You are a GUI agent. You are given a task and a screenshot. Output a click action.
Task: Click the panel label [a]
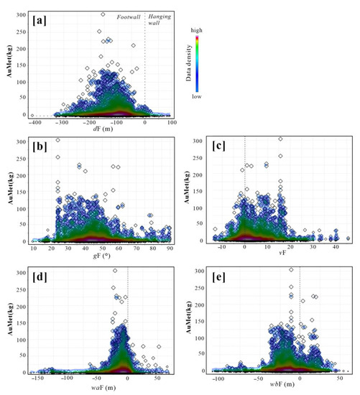40,17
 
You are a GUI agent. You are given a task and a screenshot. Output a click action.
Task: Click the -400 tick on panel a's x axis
31,124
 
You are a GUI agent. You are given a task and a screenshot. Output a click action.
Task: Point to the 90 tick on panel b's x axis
169,248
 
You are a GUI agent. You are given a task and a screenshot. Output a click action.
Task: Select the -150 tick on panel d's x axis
39,376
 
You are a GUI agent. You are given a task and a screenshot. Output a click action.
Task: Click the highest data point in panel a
103,14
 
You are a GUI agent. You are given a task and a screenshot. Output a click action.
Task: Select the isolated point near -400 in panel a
32,115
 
